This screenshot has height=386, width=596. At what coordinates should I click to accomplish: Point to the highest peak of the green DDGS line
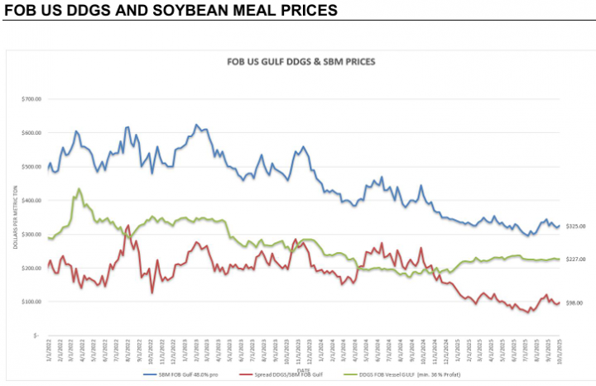pos(79,189)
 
